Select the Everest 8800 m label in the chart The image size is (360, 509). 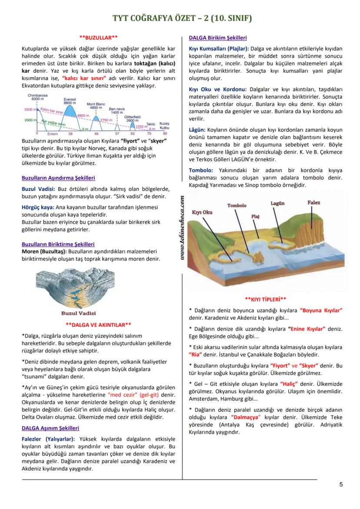pos(70,101)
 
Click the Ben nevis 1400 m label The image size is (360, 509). pos(117,110)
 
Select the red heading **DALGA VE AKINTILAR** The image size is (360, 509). pos(98,324)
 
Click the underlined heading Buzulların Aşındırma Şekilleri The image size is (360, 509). pos(58,178)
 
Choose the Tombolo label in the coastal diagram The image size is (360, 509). pos(237,205)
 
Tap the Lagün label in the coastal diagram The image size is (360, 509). pos(277,203)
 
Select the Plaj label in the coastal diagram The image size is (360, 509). pos(255,216)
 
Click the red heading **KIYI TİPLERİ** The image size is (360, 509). pos(265,299)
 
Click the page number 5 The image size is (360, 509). pos(341,485)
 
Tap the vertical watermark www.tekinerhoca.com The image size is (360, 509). pos(182,229)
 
